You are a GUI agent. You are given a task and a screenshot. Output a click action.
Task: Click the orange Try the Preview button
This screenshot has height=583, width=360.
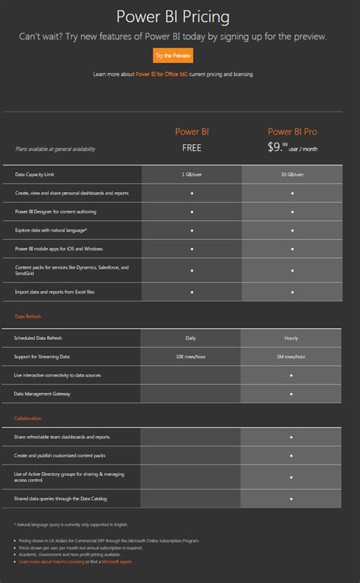[173, 55]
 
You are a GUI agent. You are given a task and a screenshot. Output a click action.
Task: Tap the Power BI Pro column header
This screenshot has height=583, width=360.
[292, 131]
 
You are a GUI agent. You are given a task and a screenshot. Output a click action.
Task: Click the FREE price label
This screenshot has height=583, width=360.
[191, 148]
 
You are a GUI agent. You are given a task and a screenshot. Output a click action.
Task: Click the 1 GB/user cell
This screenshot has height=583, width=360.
[191, 175]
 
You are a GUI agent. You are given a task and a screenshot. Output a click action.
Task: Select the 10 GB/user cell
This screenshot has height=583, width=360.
[292, 175]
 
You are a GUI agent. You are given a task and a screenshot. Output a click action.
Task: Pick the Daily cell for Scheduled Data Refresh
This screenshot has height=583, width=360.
[191, 337]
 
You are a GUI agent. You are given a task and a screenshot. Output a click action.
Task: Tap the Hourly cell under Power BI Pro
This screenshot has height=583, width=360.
[292, 337]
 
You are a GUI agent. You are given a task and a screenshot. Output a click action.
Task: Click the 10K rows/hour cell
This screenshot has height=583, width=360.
[191, 356]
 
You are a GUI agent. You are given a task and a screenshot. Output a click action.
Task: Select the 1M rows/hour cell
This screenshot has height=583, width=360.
[292, 356]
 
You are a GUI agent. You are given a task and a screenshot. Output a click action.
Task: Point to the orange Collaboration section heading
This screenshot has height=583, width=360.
[28, 418]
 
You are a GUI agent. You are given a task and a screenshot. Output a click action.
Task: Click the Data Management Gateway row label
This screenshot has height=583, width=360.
[43, 394]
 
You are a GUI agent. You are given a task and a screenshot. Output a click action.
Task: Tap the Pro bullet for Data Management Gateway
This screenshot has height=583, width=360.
[292, 394]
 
